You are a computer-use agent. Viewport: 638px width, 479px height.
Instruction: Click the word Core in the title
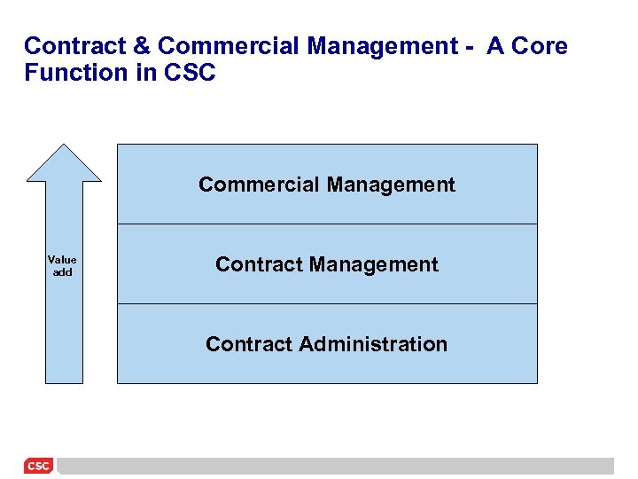(540, 46)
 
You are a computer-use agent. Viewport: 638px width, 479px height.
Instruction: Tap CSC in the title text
(191, 73)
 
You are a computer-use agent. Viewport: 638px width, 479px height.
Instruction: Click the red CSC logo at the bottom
(38, 466)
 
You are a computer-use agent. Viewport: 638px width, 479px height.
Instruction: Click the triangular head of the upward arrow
(64, 165)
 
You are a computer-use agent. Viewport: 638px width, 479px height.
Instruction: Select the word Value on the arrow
(62, 260)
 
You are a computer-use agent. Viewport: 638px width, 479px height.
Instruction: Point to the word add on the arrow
(62, 272)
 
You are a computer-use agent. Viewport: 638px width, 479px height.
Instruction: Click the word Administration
(373, 344)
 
